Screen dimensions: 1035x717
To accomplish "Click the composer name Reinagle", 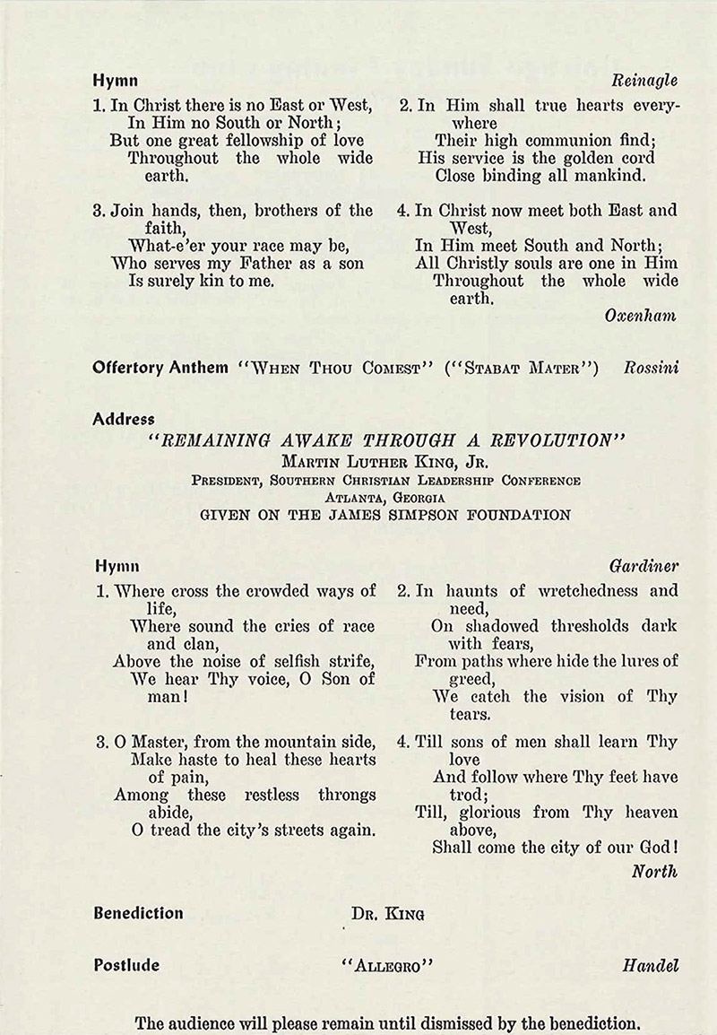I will point(645,80).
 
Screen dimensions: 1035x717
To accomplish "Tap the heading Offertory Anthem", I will point(160,368).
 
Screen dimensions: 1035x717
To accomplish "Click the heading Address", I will point(124,419).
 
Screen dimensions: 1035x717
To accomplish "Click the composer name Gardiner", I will point(644,566).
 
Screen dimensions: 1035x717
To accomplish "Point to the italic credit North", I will point(654,871).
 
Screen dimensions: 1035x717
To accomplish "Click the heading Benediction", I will point(138,913).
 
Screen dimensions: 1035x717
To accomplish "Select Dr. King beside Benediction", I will point(387,915).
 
